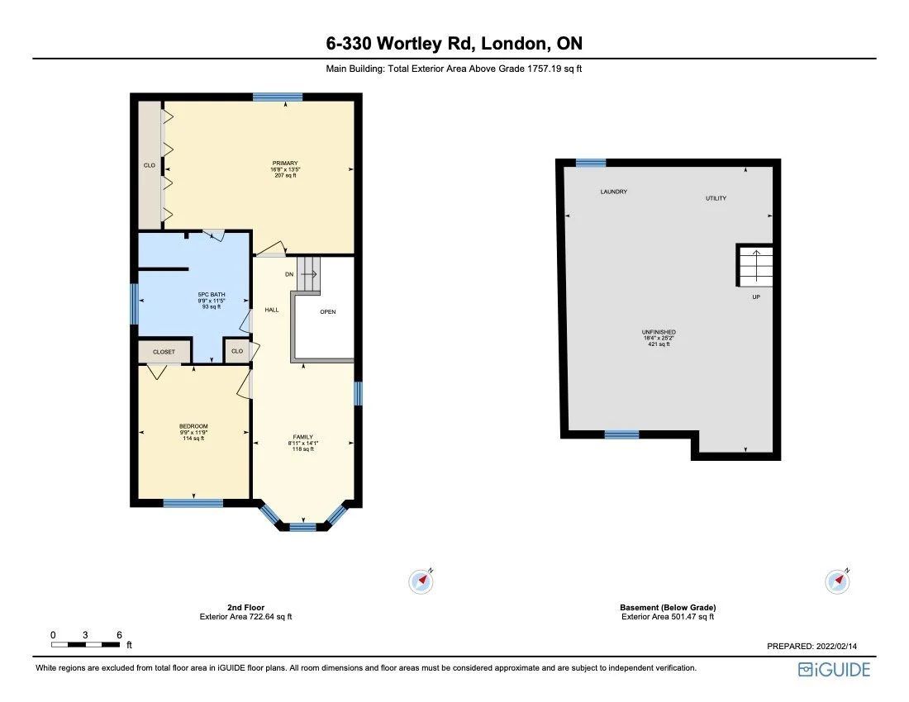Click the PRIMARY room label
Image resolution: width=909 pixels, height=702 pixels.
point(286,164)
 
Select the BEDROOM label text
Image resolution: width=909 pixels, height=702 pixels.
point(193,426)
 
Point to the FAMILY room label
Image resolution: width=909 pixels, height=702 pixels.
point(303,437)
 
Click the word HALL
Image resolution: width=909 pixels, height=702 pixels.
point(272,310)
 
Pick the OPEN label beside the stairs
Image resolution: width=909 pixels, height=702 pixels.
point(327,311)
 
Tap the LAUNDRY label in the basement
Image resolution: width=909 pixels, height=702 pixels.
point(613,192)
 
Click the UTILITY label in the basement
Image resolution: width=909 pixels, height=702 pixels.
point(716,198)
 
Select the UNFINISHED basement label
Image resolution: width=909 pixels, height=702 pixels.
point(659,333)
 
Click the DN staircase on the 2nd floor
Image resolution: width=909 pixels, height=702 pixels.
point(308,274)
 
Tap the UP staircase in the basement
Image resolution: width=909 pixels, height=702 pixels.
point(755,266)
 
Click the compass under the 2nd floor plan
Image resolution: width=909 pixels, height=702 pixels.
point(421,581)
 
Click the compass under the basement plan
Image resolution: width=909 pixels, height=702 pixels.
point(838,581)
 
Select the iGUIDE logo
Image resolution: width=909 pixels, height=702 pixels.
point(834,670)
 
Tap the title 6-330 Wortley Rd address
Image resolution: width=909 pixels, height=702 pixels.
point(454,43)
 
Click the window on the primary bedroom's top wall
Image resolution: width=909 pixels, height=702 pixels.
point(278,97)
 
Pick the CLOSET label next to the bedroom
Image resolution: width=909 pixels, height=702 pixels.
point(164,352)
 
